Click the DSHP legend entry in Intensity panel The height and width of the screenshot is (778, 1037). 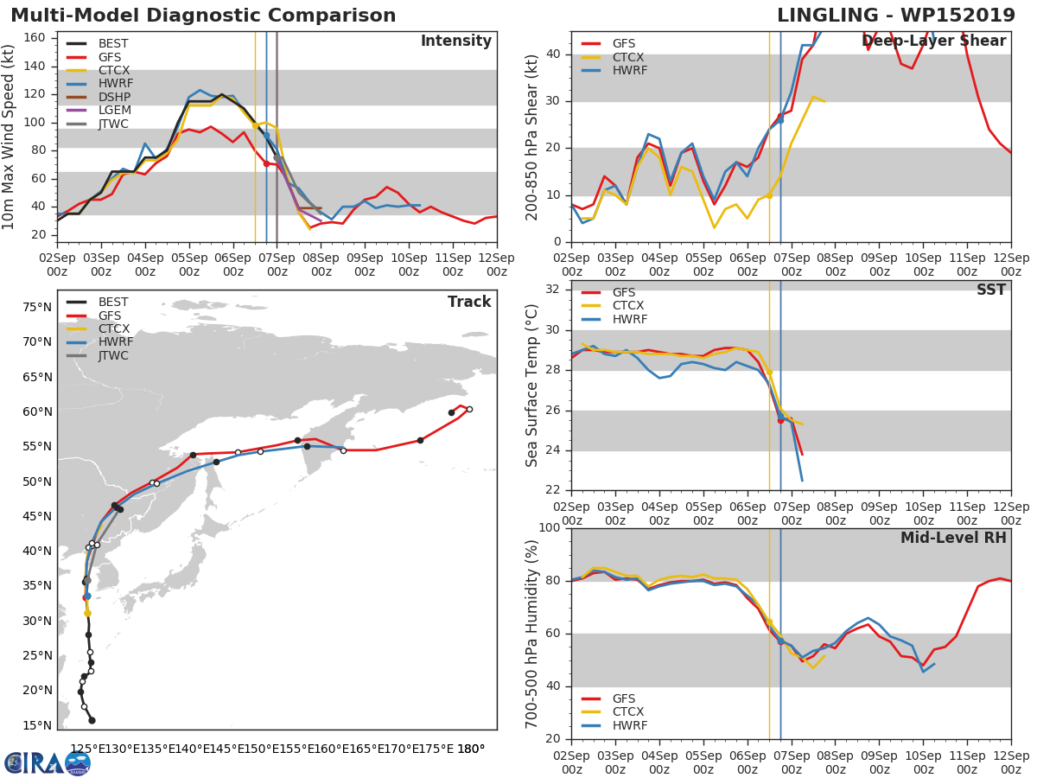point(99,97)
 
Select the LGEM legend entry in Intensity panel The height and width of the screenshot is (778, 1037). point(99,110)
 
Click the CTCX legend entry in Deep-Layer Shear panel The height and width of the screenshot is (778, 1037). point(613,57)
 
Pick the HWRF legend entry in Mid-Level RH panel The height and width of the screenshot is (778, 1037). point(614,725)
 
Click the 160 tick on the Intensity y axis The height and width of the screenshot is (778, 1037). point(35,37)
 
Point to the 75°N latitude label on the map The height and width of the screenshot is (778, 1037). point(37,307)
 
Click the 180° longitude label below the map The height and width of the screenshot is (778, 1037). point(471,749)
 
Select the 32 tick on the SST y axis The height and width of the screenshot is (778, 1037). point(553,289)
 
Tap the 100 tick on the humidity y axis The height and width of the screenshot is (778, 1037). point(550,527)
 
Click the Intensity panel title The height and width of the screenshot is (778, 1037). point(456,41)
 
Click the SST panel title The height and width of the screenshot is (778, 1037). point(991,290)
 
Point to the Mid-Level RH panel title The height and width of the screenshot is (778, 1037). point(953,538)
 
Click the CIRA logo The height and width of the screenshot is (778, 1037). point(48,763)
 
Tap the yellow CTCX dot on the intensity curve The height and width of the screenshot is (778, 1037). point(255,125)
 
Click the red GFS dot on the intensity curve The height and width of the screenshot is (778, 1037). point(266,163)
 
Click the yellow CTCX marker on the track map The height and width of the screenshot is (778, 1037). point(87,613)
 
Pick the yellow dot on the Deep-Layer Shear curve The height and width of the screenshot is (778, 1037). point(770,195)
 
